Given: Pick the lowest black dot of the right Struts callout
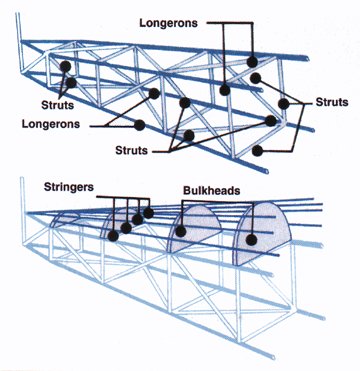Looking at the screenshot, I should pos(258,151).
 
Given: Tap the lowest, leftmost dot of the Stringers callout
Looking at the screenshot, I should pos(112,235).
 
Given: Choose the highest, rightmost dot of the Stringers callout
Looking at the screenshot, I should pos(149,212).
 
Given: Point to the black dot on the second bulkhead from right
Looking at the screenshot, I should pos(181,232).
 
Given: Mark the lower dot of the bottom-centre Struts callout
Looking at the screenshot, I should pos(188,135).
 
